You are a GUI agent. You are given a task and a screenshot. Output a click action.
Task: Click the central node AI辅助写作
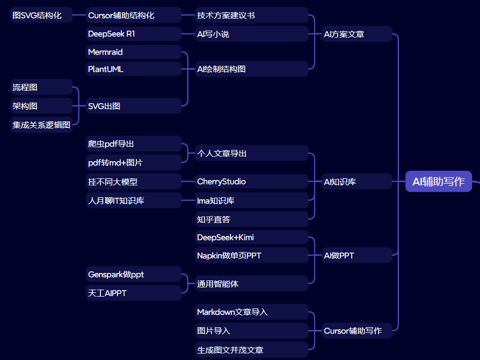[x=438, y=182]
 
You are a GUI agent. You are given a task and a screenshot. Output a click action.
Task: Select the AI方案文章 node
[x=357, y=34]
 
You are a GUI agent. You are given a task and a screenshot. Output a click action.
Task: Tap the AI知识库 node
[x=357, y=182]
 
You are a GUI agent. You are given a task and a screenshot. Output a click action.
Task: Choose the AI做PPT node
[x=357, y=255]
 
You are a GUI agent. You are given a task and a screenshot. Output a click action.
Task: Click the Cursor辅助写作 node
[x=357, y=330]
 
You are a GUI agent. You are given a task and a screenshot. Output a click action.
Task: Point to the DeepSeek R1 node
[x=134, y=34]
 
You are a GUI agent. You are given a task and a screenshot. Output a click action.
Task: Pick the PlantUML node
[x=134, y=69]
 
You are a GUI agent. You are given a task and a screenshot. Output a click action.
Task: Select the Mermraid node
[x=134, y=52]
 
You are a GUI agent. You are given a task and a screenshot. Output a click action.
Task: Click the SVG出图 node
[x=134, y=106]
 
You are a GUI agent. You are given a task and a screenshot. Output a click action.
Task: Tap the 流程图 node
[x=41, y=87]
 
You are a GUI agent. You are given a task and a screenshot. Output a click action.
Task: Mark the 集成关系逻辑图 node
[x=41, y=125]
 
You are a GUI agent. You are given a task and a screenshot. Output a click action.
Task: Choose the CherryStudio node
[x=251, y=182]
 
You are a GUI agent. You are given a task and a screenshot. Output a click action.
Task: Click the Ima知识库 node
[x=251, y=200]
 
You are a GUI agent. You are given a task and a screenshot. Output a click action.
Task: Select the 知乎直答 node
[x=251, y=219]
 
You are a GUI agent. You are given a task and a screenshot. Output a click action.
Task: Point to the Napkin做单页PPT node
[x=251, y=255]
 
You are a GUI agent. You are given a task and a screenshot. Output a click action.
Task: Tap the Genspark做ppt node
[x=134, y=275]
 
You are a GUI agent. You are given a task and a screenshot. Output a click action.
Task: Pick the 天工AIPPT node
[x=134, y=293]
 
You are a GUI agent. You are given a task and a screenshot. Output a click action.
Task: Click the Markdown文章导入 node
[x=251, y=312]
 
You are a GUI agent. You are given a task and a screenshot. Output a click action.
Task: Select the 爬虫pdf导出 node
[x=134, y=143]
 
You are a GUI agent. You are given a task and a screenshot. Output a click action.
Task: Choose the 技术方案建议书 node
[x=251, y=15]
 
